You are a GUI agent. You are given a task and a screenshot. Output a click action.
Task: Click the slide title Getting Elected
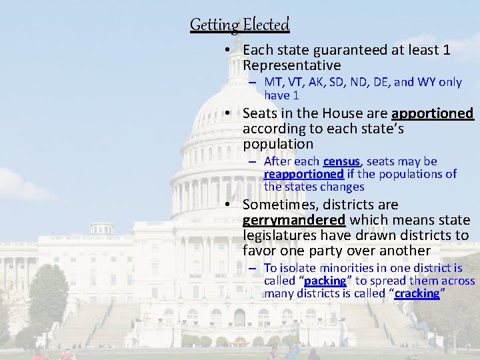240,25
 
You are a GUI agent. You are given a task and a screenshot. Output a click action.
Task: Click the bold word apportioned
432,113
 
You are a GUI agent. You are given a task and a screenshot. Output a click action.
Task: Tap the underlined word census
342,161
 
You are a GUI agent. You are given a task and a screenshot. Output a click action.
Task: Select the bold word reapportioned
303,174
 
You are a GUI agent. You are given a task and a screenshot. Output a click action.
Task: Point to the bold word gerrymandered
294,220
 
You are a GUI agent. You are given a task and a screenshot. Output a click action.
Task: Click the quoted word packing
326,281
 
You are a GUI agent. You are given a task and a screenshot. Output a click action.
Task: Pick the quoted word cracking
417,293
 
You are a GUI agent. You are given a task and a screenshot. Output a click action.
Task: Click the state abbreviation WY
425,82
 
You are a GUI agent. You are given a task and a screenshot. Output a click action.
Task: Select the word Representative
291,65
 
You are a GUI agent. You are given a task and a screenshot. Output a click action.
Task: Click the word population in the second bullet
277,144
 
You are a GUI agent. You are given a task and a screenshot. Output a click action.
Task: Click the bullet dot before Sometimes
228,205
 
